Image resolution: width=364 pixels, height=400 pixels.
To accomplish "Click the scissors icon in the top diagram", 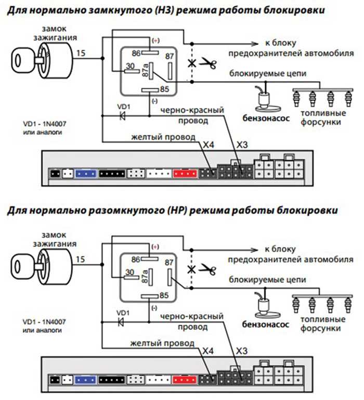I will click(209, 64).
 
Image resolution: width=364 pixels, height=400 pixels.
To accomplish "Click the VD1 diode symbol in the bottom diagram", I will click(124, 322).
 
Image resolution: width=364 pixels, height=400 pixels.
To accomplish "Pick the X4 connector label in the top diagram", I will click(209, 145).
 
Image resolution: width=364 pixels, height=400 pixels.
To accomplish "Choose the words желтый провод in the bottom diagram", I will click(162, 343).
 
